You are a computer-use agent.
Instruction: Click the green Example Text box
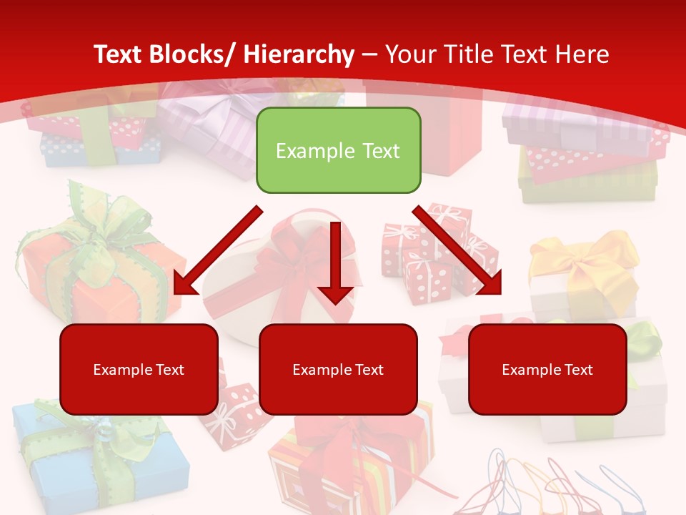coord(338,150)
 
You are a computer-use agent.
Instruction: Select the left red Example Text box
coord(139,369)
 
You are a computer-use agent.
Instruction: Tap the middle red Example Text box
coord(338,369)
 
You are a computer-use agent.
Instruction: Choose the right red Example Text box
coord(547,369)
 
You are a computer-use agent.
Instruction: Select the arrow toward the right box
coord(457,250)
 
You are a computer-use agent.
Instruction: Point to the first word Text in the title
coord(119,54)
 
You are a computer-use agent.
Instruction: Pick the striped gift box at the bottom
coord(350,465)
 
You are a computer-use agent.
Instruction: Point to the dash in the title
coord(369,54)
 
